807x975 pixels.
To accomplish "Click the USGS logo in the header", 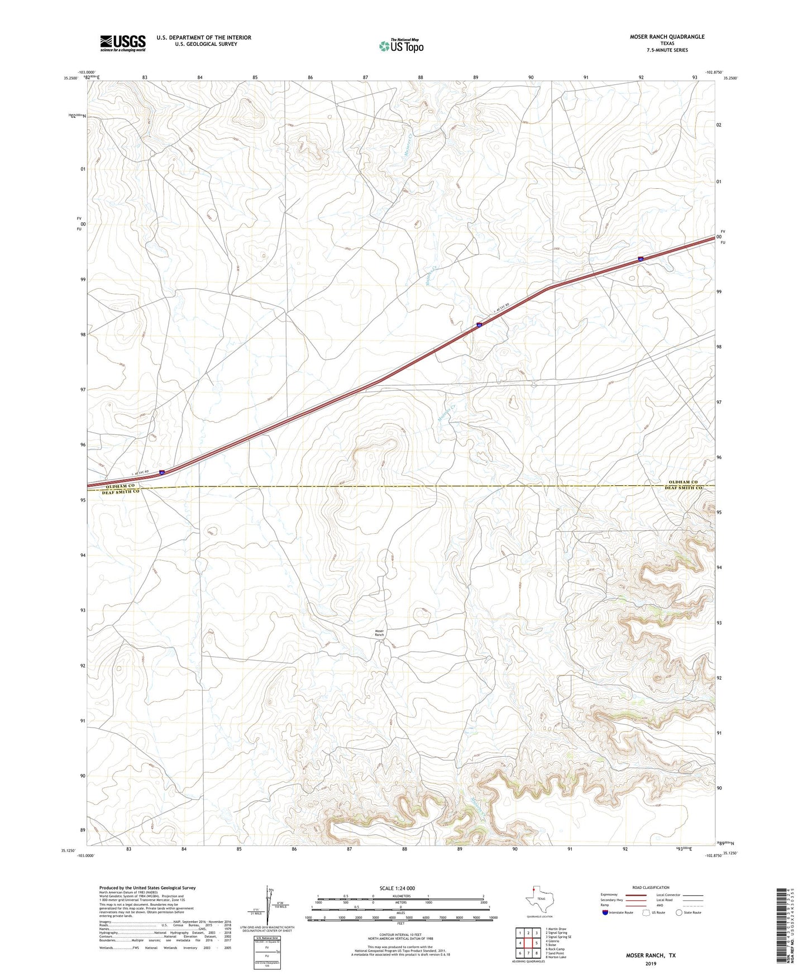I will click(x=123, y=43).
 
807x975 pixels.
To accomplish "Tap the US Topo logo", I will click(x=400, y=46).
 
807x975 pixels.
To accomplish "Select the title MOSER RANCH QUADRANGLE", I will click(x=667, y=37).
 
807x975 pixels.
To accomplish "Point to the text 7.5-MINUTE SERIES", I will click(x=667, y=50).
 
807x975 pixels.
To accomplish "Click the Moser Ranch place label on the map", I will click(x=379, y=633).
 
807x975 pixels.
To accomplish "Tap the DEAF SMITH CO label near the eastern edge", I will click(x=683, y=488).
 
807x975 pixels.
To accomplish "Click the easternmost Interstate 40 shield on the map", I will click(x=641, y=259).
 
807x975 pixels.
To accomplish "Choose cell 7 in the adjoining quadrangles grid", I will click(x=528, y=953).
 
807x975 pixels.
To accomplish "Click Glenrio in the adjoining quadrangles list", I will click(x=552, y=941).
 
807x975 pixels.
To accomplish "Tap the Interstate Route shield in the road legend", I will click(x=605, y=912).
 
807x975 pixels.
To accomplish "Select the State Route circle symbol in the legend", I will click(x=679, y=912).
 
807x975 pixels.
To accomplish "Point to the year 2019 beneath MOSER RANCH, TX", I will click(x=650, y=963).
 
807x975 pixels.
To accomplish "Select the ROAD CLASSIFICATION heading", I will click(x=651, y=887).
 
